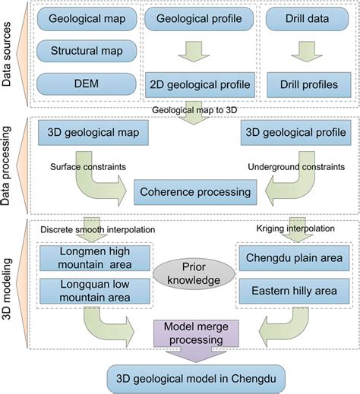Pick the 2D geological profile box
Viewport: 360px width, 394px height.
tap(192, 84)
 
